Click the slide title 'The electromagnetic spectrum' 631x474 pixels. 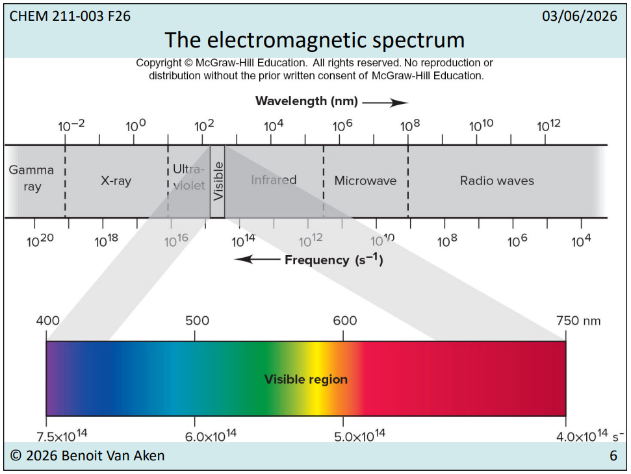tap(315, 40)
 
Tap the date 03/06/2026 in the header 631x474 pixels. tap(579, 16)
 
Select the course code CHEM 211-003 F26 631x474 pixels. tap(70, 16)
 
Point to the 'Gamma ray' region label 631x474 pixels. tap(32, 178)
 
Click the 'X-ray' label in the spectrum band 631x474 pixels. tap(116, 181)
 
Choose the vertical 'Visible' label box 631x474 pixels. tap(218, 181)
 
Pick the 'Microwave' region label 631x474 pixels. tap(365, 181)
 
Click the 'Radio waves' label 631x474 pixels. tap(496, 181)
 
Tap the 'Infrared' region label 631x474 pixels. tap(274, 180)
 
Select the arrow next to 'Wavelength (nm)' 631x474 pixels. tap(385, 102)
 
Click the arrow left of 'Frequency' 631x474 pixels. tap(257, 260)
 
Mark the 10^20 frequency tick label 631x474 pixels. tap(40, 241)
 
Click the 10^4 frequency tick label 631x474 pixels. tap(581, 241)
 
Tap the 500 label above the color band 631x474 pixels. tap(197, 321)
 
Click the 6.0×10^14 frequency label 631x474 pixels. tap(211, 436)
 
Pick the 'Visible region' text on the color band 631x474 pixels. tap(305, 379)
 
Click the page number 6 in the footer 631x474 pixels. tap(613, 456)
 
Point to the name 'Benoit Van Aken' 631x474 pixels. tap(113, 456)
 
